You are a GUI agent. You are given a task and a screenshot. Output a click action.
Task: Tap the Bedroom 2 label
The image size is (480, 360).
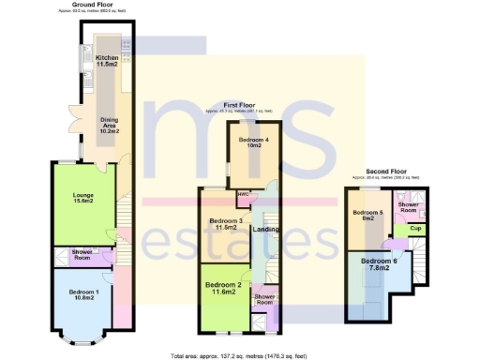point(224,289)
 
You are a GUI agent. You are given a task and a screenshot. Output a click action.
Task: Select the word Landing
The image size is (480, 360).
point(266,231)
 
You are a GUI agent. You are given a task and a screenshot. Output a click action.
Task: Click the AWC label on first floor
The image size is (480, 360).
point(242,195)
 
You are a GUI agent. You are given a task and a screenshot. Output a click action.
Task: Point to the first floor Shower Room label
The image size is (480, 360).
point(265,299)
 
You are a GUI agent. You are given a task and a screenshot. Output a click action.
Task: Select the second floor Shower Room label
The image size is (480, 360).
point(409,207)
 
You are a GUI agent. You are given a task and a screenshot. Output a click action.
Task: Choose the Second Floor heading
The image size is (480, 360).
point(385,172)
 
